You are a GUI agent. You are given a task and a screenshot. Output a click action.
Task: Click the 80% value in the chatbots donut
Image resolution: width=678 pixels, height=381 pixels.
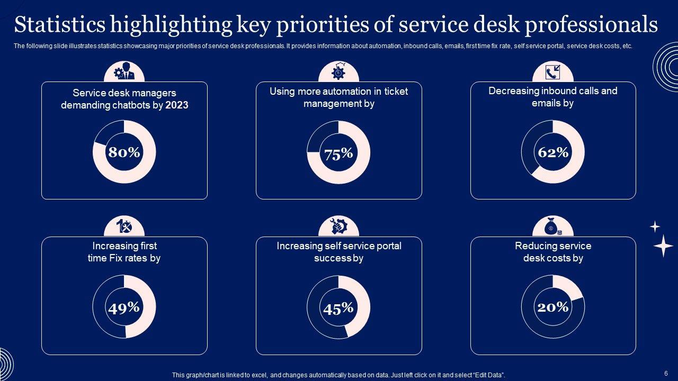point(124,152)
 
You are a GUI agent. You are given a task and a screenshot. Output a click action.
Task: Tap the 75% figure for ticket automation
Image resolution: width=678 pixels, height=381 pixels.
point(338,154)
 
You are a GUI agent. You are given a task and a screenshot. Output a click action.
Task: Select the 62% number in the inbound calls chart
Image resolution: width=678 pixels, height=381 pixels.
point(553,152)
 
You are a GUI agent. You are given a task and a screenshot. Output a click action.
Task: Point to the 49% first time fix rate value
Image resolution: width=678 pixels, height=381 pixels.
point(124,307)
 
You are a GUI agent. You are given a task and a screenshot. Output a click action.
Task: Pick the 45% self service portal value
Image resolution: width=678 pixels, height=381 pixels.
point(338,309)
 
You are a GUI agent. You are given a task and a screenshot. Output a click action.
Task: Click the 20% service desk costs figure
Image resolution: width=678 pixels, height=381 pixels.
point(553,307)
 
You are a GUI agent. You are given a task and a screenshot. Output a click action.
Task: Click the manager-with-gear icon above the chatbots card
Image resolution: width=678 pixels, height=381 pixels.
point(124,71)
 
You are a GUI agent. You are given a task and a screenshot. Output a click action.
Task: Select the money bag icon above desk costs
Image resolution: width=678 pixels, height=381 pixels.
point(553,227)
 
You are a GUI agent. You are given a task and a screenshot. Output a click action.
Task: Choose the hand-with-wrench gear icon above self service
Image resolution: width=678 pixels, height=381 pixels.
point(338,226)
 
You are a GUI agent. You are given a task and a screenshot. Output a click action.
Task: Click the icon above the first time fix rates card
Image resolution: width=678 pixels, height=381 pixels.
point(124,226)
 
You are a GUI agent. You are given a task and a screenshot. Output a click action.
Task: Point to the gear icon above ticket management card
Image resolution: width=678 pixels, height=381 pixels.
point(338,71)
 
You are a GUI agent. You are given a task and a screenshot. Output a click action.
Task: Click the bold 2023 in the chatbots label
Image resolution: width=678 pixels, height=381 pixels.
point(177,105)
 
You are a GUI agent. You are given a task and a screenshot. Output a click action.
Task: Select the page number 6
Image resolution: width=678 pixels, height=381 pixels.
point(666,373)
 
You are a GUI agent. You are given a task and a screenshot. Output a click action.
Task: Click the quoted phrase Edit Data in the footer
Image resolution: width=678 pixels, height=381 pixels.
point(488,375)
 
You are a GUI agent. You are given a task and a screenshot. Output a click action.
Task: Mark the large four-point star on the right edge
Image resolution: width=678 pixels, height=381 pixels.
point(663,246)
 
